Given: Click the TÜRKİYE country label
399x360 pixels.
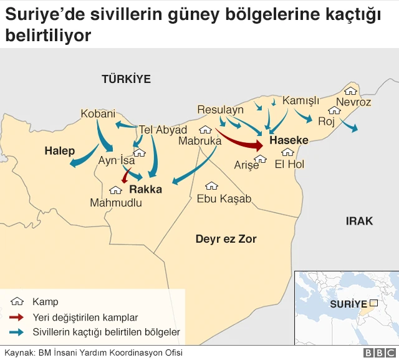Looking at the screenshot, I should [x=127, y=79].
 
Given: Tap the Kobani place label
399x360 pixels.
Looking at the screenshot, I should [x=98, y=114].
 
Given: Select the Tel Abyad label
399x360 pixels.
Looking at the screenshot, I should [x=163, y=130].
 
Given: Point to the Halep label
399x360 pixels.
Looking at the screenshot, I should [x=59, y=151].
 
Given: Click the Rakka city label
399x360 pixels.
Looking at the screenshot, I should [x=145, y=189].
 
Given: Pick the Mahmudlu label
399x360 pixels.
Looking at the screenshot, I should [x=116, y=203].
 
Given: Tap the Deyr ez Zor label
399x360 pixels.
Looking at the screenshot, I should [x=226, y=239].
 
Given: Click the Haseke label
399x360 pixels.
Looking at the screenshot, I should [x=289, y=141].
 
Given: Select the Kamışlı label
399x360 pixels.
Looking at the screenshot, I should [x=300, y=100].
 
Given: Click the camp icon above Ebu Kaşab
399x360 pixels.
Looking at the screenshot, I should [x=211, y=186].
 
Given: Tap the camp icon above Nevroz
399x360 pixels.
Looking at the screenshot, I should [x=351, y=91].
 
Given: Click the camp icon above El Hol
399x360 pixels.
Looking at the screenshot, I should [x=287, y=152].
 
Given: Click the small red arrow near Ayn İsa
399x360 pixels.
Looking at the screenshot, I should [x=127, y=176].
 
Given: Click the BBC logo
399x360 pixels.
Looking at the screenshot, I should [x=377, y=353].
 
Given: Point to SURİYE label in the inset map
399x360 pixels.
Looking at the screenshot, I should [x=348, y=304].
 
